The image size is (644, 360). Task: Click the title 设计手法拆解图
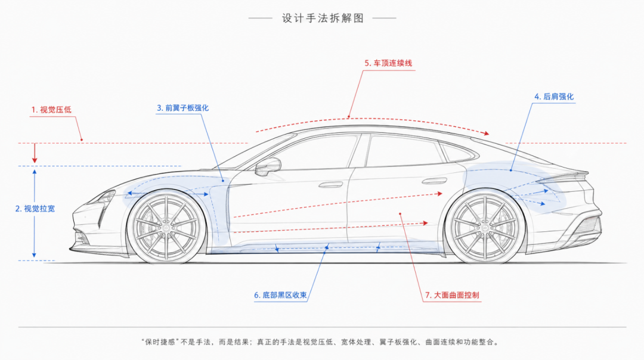point(323,18)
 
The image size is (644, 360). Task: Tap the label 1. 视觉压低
point(51,110)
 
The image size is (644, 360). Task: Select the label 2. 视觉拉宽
point(35,209)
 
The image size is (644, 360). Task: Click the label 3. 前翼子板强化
point(183,108)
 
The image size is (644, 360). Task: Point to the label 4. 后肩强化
point(554,97)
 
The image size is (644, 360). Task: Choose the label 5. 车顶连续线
point(388,63)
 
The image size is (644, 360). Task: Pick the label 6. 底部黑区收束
point(280,295)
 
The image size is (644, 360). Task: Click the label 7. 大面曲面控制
point(452,295)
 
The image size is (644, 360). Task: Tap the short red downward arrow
point(35,153)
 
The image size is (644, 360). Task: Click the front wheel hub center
point(166,226)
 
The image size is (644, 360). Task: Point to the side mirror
point(268,167)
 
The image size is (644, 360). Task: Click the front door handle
point(331,184)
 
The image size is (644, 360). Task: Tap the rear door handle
point(435,181)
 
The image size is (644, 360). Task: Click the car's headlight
point(104,198)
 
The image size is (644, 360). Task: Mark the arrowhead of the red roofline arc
point(487,133)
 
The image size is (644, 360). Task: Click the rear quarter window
point(457,152)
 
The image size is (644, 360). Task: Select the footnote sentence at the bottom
point(320,342)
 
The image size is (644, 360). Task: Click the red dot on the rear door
point(400,214)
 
